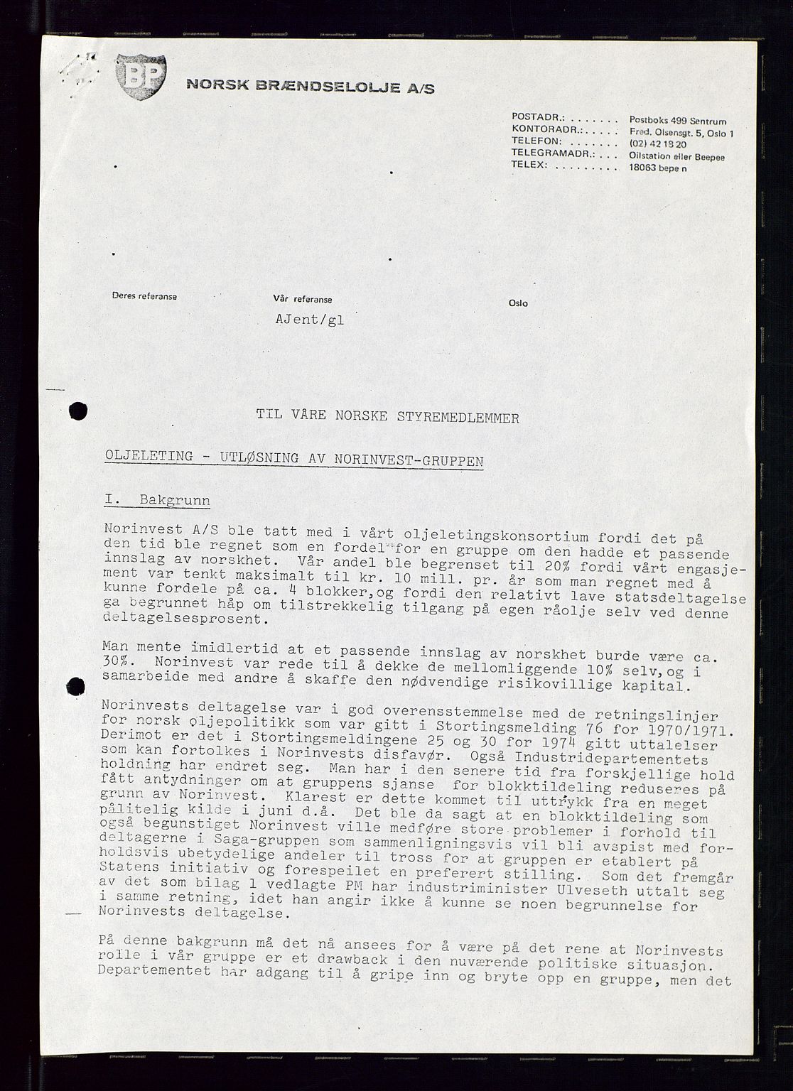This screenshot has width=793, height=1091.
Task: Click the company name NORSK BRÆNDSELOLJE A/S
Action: coord(310,87)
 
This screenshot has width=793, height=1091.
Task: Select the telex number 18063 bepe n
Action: coord(658,168)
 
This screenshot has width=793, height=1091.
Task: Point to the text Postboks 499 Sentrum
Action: coord(678,121)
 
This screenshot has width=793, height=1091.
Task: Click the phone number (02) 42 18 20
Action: coord(658,144)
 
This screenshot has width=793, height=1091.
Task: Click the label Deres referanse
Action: coord(144,296)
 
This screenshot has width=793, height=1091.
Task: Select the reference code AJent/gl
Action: coord(309,320)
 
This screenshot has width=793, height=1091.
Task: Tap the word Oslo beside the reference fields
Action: coord(518,303)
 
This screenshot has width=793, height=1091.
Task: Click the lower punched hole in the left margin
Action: coord(75,687)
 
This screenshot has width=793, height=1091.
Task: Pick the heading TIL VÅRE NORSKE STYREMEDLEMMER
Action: coord(388,417)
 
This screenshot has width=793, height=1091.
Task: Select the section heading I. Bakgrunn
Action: coord(156,500)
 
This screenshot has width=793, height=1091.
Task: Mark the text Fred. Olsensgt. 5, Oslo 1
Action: coord(681,133)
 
